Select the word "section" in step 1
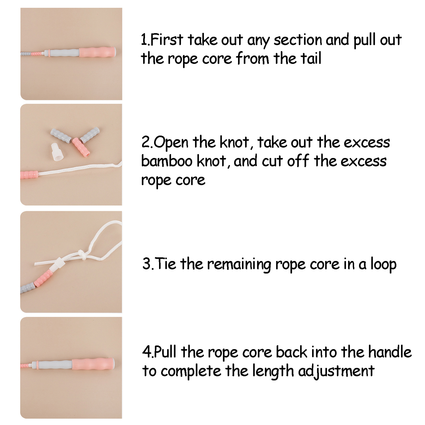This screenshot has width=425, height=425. (x=297, y=40)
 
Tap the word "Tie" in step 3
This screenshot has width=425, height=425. (x=165, y=264)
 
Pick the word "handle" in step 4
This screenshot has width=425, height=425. (x=390, y=352)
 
